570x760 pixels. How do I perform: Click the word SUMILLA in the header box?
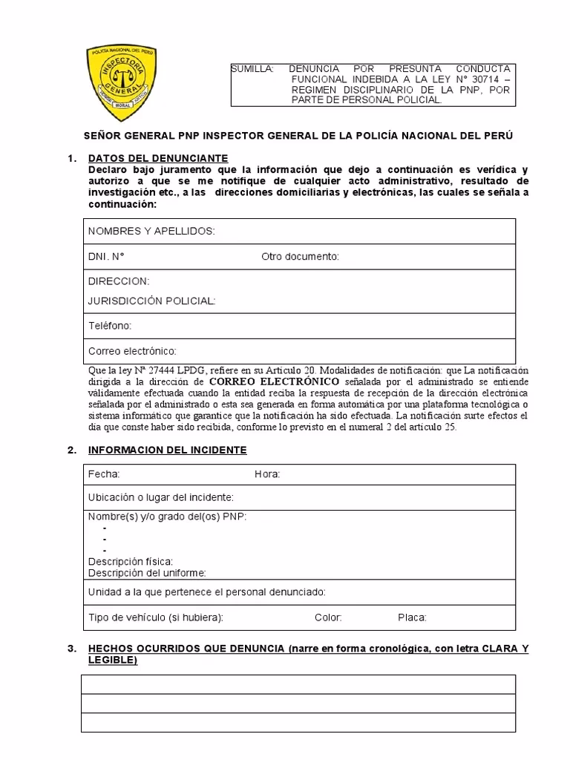252,68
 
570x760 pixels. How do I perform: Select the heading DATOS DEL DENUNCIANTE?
158,158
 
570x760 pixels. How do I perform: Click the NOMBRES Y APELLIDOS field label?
151,232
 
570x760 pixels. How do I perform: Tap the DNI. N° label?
106,257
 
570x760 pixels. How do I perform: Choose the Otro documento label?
300,257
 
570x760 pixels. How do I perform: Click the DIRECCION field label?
119,281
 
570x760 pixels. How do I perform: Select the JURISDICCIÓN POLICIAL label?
151,301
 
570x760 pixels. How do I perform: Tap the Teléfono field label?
110,326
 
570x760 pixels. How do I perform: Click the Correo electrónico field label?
132,351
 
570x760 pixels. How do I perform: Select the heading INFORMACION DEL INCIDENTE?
167,451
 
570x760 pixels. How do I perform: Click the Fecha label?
104,474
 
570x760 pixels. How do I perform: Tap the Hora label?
267,474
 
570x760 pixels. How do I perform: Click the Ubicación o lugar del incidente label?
161,497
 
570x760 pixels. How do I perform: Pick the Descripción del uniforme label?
147,573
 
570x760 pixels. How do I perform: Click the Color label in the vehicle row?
328,617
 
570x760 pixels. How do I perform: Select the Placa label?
412,617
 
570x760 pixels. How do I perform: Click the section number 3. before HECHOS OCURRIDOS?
71,649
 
